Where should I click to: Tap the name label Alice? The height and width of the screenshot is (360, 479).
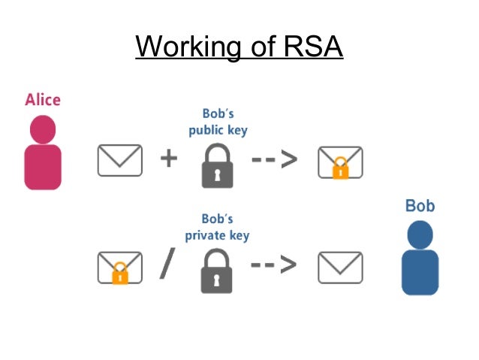coord(43,100)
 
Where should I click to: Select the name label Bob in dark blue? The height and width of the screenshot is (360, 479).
coord(420,206)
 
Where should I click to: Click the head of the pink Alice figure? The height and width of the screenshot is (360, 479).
coord(43,129)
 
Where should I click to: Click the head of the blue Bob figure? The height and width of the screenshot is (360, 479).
coord(420,234)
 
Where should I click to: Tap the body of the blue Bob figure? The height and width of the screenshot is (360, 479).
coord(420,272)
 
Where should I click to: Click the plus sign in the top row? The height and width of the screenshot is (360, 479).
coord(169,159)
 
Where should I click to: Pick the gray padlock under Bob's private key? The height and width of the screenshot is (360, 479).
coord(217,271)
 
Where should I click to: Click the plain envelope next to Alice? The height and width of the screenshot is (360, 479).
coord(119,159)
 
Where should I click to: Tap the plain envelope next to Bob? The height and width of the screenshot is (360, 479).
coord(340,266)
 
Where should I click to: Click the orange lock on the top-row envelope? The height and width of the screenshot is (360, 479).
coord(340,168)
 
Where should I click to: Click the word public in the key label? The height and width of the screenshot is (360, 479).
coord(204,129)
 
